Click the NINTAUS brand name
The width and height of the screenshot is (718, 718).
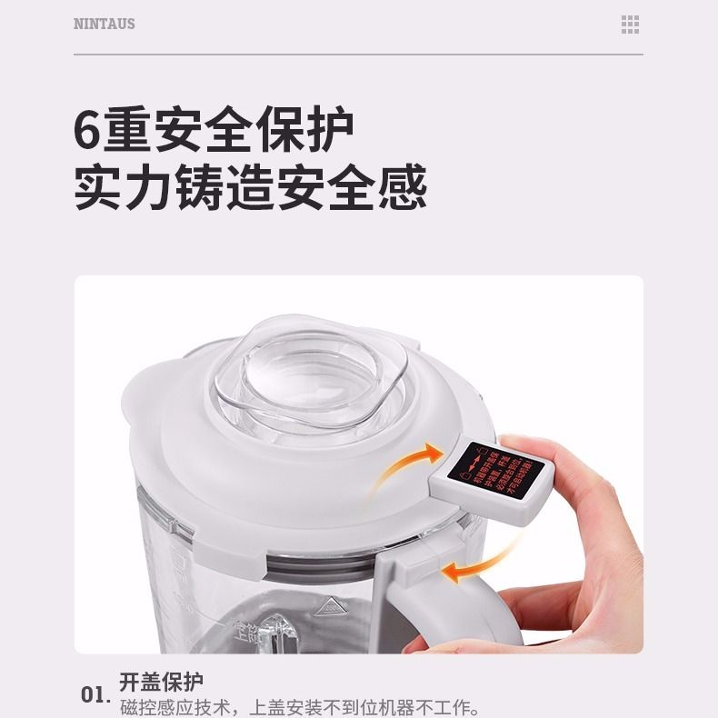(x=104, y=25)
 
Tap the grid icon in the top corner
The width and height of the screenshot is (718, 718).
(x=630, y=25)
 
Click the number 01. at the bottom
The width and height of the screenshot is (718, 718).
(x=96, y=696)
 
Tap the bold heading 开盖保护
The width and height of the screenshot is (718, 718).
(x=161, y=682)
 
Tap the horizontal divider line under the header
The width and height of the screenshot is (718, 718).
(x=358, y=55)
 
